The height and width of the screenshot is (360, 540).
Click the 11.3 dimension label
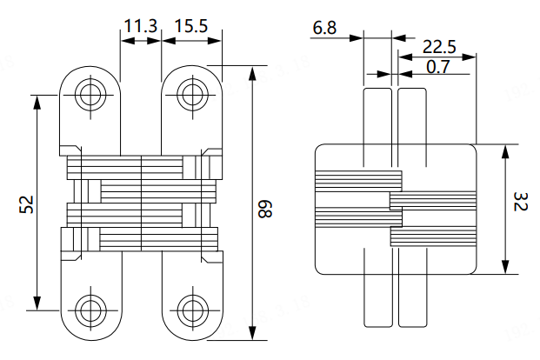[139, 26]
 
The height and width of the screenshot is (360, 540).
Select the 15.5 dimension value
[190, 26]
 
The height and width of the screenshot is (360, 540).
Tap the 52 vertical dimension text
[26, 203]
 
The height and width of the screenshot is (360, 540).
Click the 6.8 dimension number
[324, 29]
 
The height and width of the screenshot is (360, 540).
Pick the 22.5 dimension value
[437, 45]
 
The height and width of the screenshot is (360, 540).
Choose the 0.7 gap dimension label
[438, 66]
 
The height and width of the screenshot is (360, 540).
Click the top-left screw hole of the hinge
[90, 94]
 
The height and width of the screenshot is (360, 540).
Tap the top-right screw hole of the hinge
[191, 94]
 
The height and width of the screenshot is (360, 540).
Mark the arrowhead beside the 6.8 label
[357, 37]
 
